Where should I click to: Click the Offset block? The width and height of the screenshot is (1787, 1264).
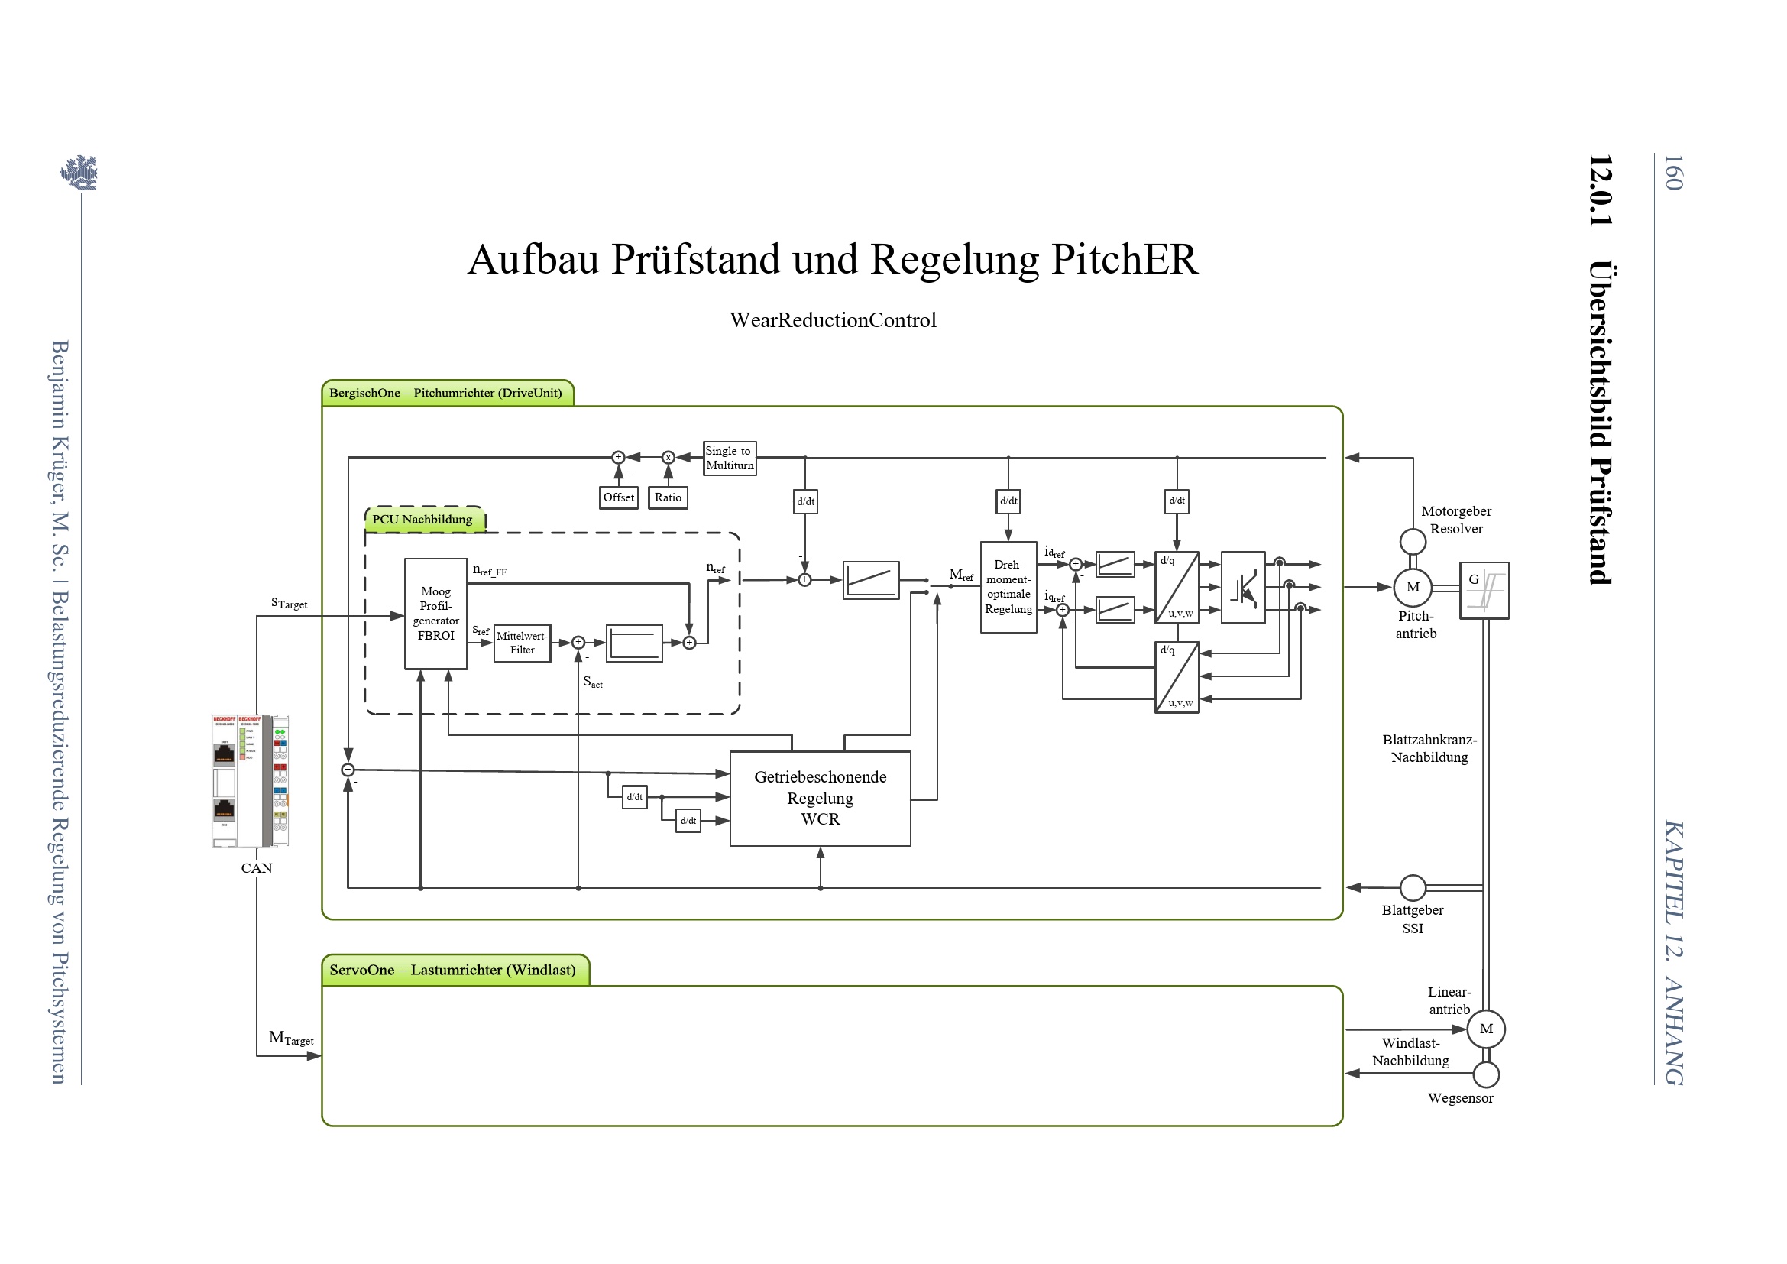pos(618,497)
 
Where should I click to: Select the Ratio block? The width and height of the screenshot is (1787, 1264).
pos(668,497)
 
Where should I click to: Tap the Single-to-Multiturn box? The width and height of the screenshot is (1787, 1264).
pos(730,458)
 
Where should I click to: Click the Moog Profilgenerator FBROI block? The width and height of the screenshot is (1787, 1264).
pos(435,614)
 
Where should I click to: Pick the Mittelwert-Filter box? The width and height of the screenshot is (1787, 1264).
pos(523,643)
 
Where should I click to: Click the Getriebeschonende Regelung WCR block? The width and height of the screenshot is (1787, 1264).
pos(820,798)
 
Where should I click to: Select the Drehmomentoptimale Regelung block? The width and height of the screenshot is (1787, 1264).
pos(1008,587)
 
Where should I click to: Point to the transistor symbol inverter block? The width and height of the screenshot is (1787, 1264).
pos(1242,588)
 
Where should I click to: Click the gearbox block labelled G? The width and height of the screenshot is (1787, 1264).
pos(1484,590)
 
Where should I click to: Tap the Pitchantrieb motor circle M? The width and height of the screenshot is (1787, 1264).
pos(1413,588)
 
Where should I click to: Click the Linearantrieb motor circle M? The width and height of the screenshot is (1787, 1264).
pos(1486,1029)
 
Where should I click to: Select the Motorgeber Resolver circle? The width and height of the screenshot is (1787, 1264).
pos(1413,541)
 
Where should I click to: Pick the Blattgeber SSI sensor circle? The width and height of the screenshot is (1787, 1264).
pos(1413,887)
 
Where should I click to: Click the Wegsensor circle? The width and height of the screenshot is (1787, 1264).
pos(1486,1075)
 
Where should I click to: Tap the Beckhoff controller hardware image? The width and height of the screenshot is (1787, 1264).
pos(250,781)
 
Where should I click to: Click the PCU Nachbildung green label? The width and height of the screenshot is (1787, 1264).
pos(424,520)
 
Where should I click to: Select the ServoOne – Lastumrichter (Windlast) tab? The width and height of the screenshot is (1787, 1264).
pos(455,971)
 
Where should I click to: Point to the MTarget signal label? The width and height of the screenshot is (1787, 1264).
pos(290,1039)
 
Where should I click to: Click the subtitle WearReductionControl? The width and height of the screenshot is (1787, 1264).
pos(833,320)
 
